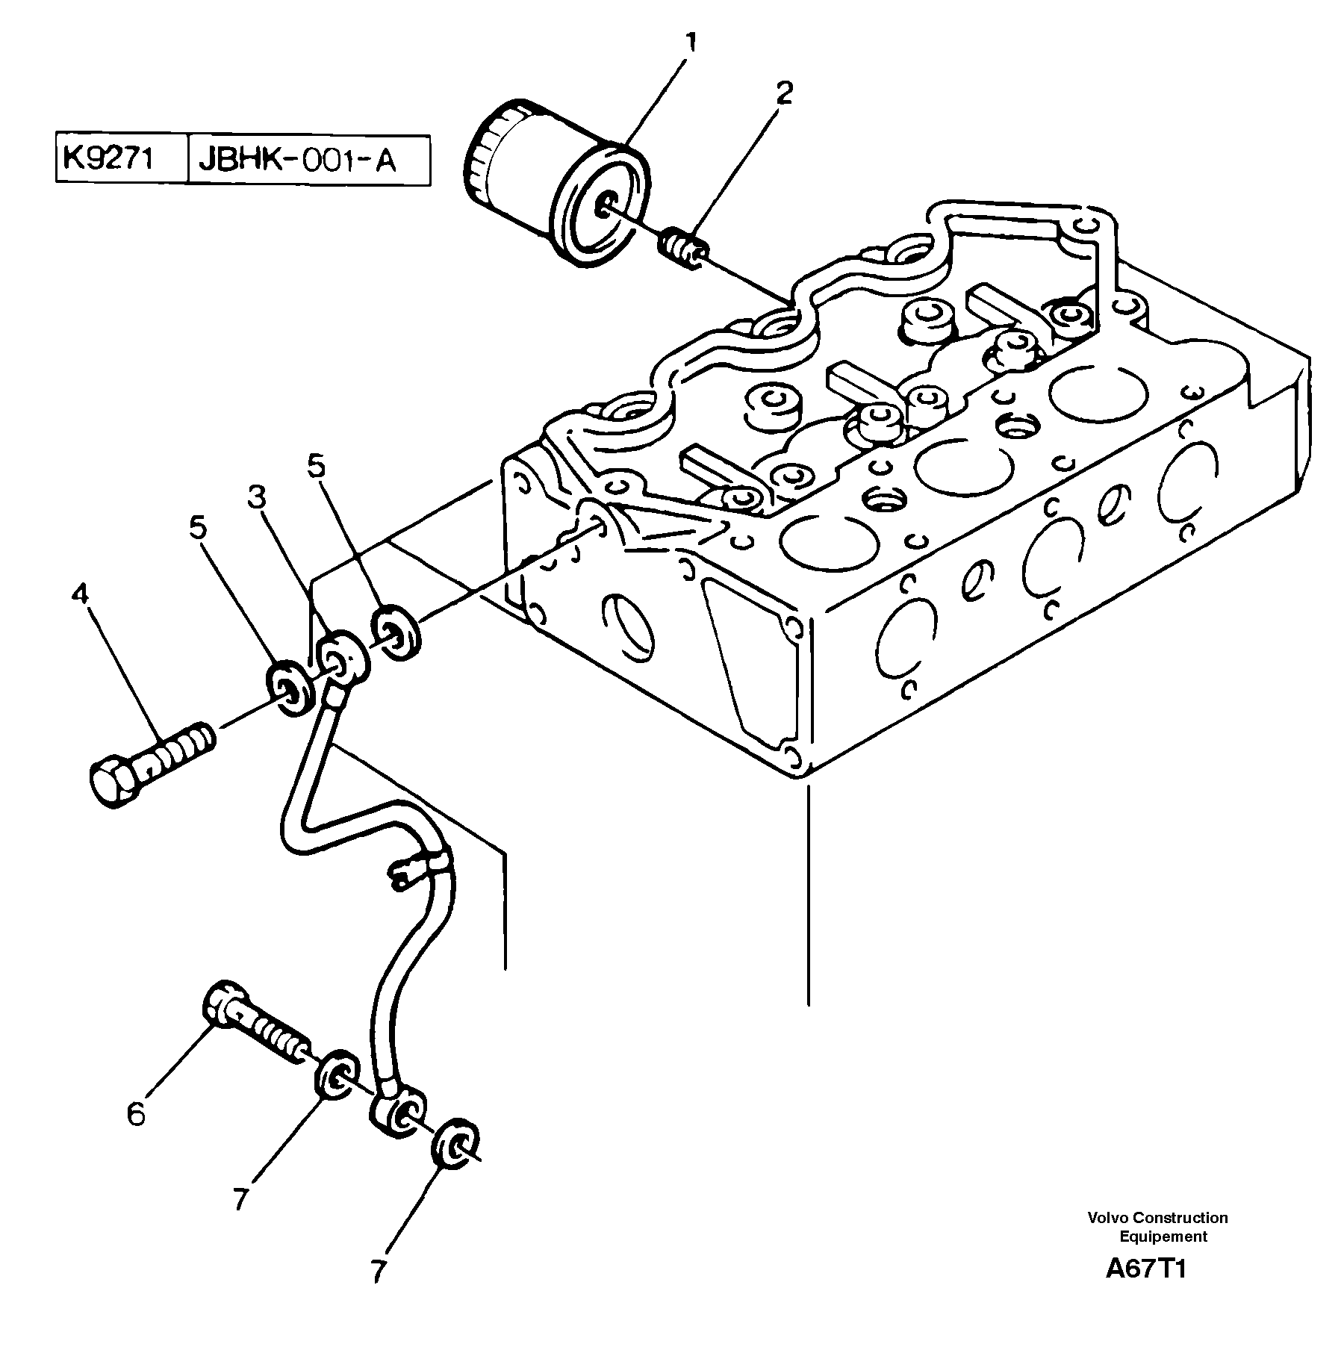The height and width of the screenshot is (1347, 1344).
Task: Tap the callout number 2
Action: tap(783, 94)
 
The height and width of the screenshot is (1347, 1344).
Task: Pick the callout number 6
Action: tap(135, 1115)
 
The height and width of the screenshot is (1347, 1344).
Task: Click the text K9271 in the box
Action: tap(109, 159)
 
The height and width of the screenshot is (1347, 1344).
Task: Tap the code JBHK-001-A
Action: tap(296, 161)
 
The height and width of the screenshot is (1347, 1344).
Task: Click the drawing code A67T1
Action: tap(1145, 1269)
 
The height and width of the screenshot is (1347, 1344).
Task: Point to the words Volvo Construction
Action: tap(1157, 1218)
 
